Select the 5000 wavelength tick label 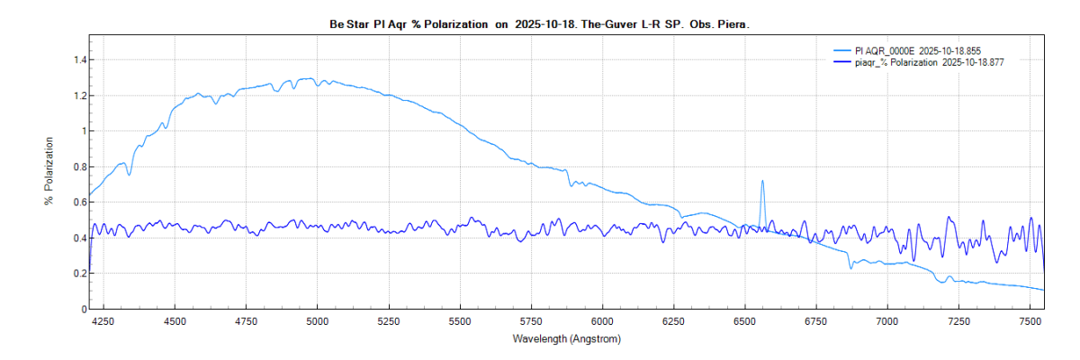click(318, 321)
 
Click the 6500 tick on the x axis click(744, 321)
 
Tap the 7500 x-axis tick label click(1029, 321)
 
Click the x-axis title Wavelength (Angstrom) click(566, 339)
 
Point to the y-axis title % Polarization click(49, 171)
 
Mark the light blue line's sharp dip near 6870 click(850, 267)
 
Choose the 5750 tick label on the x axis click(531, 321)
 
